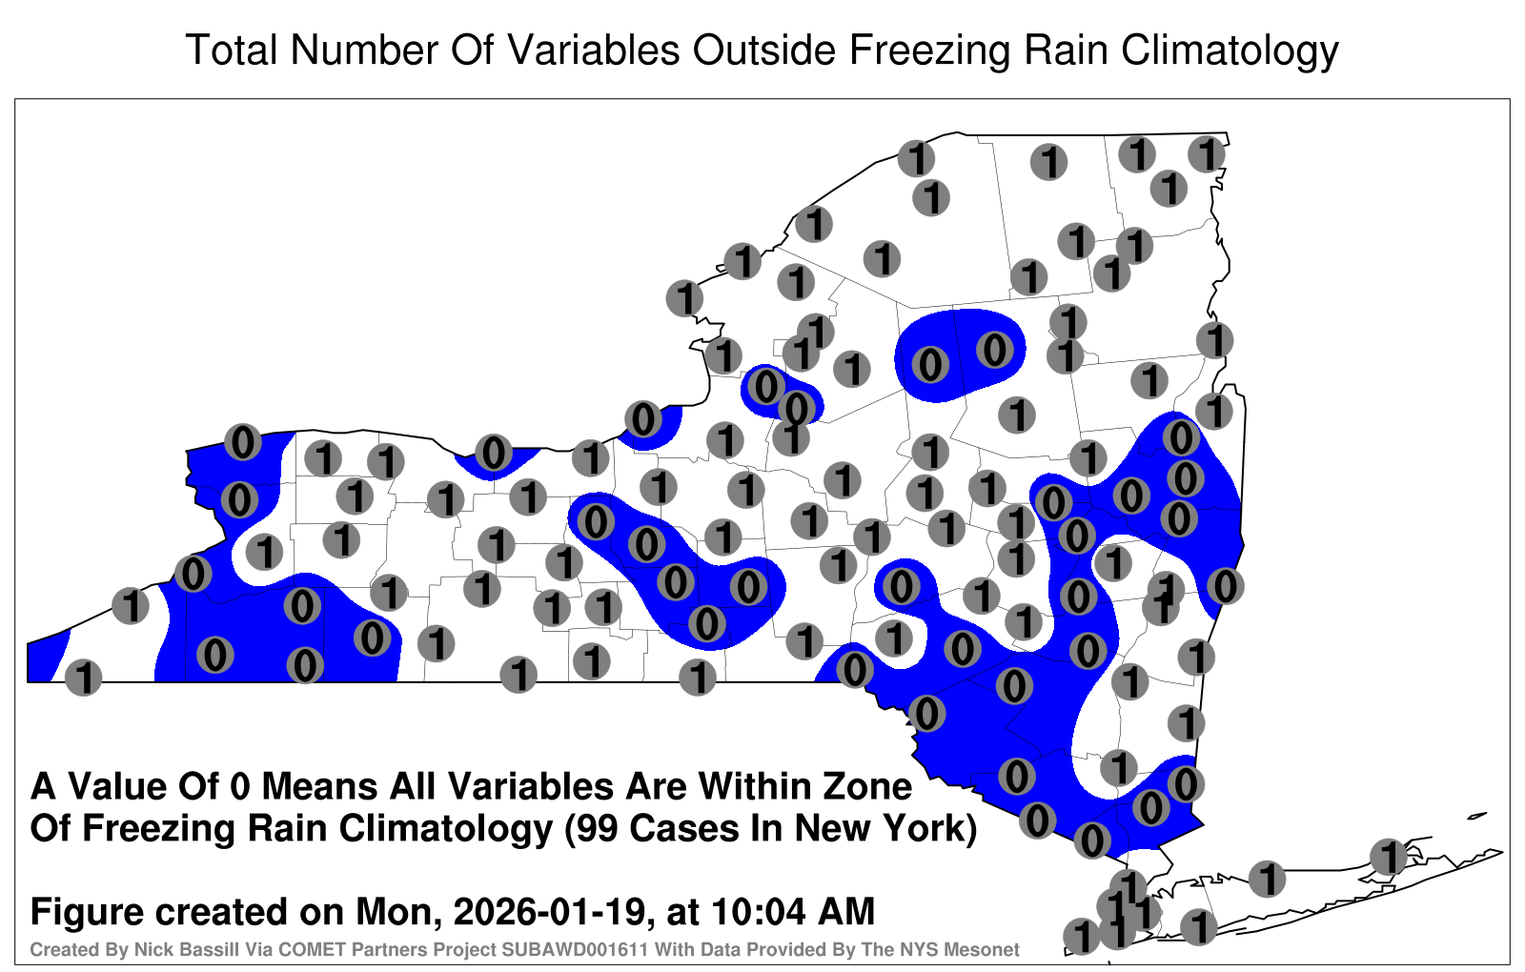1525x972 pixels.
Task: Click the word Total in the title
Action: [232, 50]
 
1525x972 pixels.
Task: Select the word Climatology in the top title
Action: [1230, 51]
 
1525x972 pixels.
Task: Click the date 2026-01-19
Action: [549, 911]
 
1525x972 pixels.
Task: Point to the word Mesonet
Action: [986, 949]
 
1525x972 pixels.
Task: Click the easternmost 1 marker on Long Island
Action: [1388, 857]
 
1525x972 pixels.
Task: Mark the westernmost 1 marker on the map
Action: [83, 678]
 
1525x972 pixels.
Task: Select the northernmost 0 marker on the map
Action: [995, 350]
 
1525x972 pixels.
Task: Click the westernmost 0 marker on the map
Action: [193, 574]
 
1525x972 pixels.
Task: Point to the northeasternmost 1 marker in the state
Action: [1207, 154]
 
